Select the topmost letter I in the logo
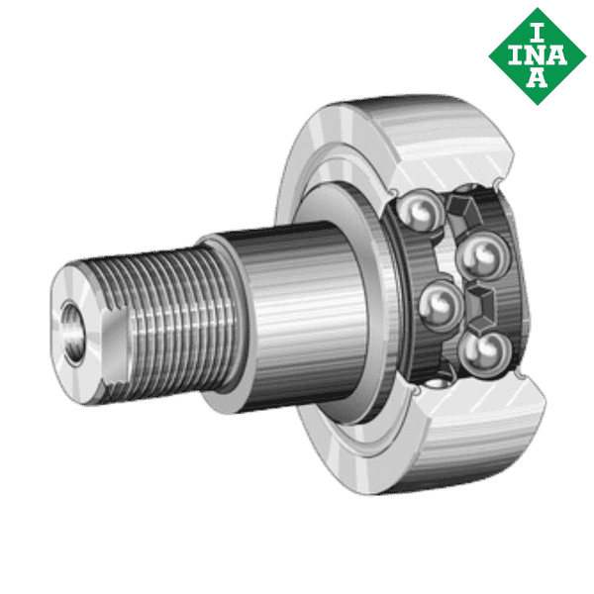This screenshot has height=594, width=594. pyautogui.click(x=535, y=24)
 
